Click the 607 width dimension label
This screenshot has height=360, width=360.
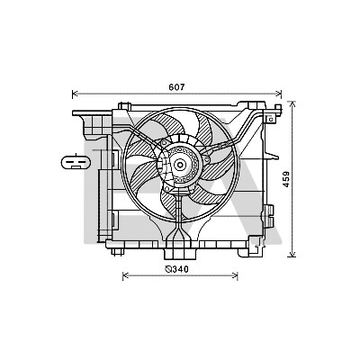[176, 87]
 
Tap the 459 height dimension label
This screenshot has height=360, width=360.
[286, 179]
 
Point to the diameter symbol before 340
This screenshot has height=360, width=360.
[168, 270]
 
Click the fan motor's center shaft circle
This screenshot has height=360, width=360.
[180, 165]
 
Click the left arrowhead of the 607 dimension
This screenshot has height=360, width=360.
[75, 94]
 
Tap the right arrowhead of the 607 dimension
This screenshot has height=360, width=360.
[279, 94]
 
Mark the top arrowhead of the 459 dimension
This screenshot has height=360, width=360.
[292, 104]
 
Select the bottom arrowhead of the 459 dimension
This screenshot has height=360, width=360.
[292, 254]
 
